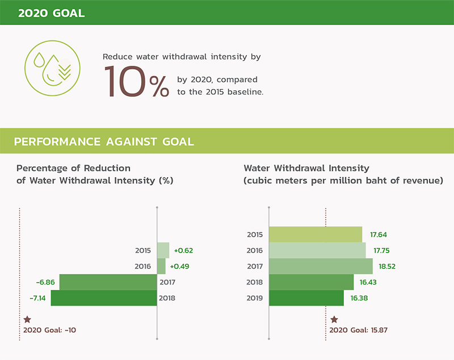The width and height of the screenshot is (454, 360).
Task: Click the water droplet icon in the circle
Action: click(x=52, y=68)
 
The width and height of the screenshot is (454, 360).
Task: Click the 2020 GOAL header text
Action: click(x=51, y=13)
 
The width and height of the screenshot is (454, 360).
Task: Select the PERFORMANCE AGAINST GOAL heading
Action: click(x=104, y=141)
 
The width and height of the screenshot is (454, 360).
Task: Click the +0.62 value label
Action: click(x=183, y=250)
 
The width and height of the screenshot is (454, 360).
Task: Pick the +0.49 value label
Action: click(x=179, y=266)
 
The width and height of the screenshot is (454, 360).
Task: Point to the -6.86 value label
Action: click(x=45, y=282)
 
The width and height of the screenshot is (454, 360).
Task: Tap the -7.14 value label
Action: click(x=37, y=298)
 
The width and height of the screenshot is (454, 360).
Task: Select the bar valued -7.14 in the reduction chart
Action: click(x=104, y=298)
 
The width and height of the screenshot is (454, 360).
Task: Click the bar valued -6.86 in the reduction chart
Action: click(x=108, y=282)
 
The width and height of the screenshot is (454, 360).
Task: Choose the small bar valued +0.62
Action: click(x=163, y=250)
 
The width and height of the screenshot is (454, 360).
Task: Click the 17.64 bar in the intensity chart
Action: click(x=316, y=235)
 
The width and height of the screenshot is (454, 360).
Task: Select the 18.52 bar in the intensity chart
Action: click(x=321, y=266)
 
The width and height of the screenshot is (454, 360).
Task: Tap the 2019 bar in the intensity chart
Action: click(x=306, y=298)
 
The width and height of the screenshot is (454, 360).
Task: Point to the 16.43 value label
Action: click(x=368, y=282)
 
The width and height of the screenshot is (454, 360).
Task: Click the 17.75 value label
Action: click(x=381, y=250)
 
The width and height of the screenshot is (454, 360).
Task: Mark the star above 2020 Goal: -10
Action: click(x=27, y=320)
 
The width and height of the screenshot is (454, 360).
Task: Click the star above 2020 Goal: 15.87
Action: click(x=334, y=320)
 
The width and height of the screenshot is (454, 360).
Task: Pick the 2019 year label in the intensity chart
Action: click(x=255, y=298)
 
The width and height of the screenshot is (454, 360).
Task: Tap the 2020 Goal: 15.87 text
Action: click(x=359, y=330)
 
